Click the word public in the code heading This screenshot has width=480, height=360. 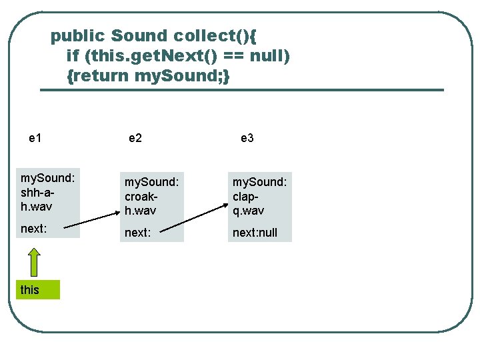click(79, 35)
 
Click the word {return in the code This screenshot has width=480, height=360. click(99, 75)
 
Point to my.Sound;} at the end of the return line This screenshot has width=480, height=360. click(183, 75)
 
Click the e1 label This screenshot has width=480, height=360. click(36, 138)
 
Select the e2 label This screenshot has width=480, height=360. click(135, 138)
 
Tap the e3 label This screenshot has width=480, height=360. click(247, 138)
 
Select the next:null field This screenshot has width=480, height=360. click(259, 232)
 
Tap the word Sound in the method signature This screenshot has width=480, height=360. click(139, 35)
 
